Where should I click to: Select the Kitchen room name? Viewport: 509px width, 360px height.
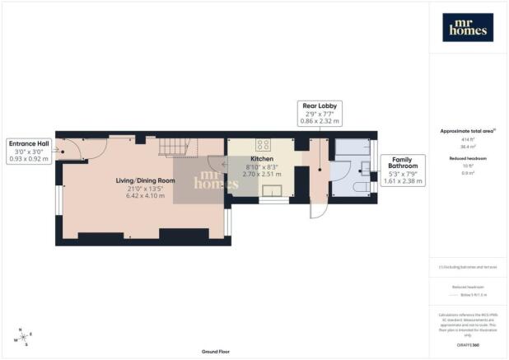261,159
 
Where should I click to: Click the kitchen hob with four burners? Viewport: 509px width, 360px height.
264,144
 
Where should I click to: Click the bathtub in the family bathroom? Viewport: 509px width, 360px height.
353,147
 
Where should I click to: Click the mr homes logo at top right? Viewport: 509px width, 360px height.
468,28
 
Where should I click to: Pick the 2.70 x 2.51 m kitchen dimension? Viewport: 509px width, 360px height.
261,175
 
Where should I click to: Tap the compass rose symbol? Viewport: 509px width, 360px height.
21,338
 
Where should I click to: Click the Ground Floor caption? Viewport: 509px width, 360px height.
213,352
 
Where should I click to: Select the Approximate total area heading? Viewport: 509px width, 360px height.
467,131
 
